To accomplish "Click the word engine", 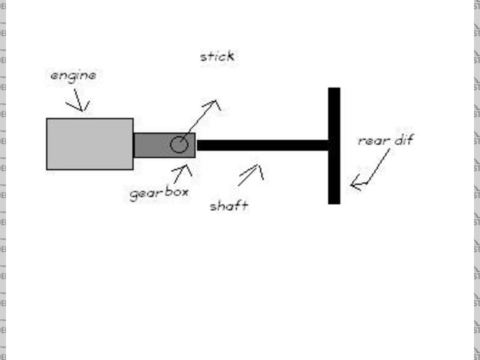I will point(73,76).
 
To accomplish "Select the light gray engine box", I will point(89,143).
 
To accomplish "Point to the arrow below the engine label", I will point(79,101).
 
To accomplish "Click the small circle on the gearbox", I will point(178,145).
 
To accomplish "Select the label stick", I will point(217,56).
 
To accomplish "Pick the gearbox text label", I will point(159,193).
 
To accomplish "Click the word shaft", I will point(229,205).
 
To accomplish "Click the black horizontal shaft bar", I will point(262,145).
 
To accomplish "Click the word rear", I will point(373,140).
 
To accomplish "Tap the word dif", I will point(403,139).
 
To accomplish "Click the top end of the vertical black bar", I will point(334,91).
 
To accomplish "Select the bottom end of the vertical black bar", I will point(334,200).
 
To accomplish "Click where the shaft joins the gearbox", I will point(196,145).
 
